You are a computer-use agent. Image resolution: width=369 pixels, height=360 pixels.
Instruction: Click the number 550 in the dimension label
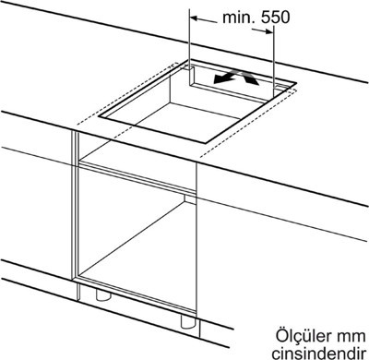[x=276, y=18]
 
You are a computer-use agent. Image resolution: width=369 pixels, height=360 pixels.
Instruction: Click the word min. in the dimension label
[x=240, y=18]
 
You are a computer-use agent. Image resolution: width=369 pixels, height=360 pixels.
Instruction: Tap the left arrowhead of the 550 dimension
[x=195, y=18]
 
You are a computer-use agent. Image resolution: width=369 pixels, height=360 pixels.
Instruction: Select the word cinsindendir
[x=319, y=353]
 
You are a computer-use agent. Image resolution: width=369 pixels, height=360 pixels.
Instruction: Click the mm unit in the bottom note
[x=350, y=338]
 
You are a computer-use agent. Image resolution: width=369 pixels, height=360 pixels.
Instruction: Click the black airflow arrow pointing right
[x=249, y=77]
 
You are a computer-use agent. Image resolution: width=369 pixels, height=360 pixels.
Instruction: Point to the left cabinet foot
[x=103, y=294]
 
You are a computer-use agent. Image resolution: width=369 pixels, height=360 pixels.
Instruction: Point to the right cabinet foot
[x=188, y=321]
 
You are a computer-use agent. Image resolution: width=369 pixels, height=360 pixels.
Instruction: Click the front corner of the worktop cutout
[x=205, y=143]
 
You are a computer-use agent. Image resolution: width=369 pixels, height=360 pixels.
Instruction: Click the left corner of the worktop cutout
[x=99, y=117]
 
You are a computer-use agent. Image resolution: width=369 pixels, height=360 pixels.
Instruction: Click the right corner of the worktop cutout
[x=296, y=83]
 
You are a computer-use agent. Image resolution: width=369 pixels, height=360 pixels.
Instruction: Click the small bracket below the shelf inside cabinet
[x=190, y=199]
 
